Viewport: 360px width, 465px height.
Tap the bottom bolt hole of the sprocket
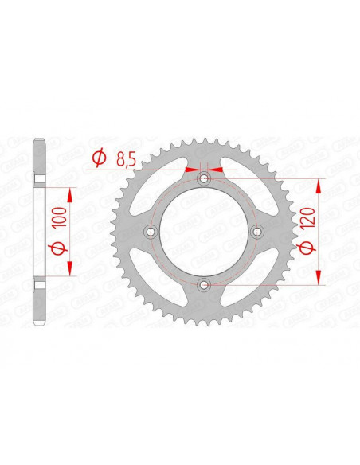(x=204, y=284)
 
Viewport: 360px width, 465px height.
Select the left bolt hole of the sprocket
(x=151, y=232)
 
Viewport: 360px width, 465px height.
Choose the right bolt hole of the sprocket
(x=257, y=232)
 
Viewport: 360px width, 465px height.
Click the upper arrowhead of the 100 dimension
(x=72, y=193)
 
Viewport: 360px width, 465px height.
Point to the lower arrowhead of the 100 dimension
(x=72, y=270)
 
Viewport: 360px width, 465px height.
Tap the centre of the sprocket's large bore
(x=204, y=232)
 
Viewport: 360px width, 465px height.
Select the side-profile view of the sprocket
(x=37, y=232)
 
